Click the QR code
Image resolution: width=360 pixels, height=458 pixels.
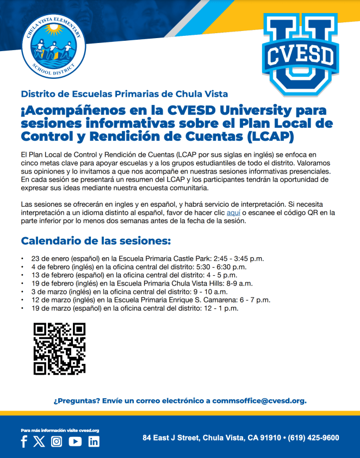(x=60, y=349)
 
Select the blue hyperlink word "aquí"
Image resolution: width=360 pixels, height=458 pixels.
(x=233, y=213)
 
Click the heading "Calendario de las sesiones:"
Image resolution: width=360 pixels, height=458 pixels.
(x=96, y=241)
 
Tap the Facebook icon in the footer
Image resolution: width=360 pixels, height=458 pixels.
(x=24, y=441)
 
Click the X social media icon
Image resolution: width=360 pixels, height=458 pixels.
(x=39, y=441)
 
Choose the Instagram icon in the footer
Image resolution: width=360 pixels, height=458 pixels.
(x=57, y=441)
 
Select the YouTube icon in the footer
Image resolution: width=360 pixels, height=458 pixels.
(x=75, y=441)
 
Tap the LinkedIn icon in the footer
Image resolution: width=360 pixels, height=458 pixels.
(x=94, y=441)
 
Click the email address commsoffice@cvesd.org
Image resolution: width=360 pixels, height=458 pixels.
(x=259, y=401)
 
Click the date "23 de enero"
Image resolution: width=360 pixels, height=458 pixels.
(x=48, y=258)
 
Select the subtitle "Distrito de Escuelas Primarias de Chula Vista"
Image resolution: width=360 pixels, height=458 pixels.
(x=124, y=94)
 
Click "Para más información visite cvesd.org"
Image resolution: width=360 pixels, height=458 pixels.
(x=60, y=430)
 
